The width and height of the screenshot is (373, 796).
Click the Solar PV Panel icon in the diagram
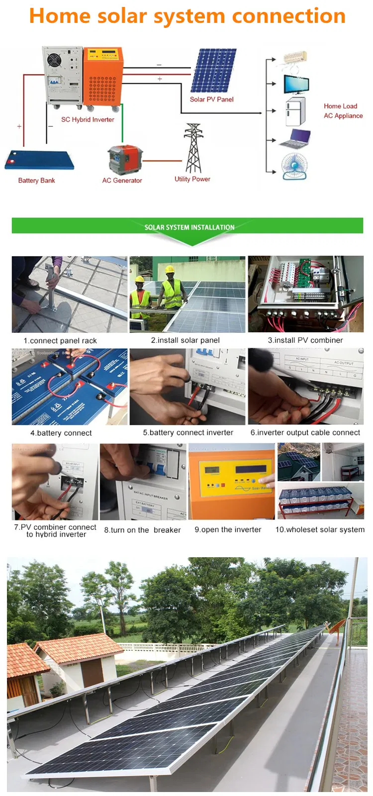(214, 71)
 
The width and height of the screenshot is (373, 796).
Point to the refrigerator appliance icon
(295, 112)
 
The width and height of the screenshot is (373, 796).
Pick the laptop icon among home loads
(295, 139)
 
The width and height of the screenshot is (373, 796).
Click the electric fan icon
(294, 167)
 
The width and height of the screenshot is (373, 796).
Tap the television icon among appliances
(296, 84)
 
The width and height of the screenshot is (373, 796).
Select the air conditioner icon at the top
(295, 58)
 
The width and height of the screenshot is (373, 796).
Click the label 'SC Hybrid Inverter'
(88, 119)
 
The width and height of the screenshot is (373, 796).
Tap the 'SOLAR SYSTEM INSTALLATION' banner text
(189, 227)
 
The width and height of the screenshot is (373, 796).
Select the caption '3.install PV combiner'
(305, 340)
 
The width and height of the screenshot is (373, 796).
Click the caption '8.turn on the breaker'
(142, 530)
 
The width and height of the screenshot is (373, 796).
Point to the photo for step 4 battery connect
(69, 387)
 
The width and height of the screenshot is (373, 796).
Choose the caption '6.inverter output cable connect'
(305, 433)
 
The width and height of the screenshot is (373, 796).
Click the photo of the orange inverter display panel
(231, 482)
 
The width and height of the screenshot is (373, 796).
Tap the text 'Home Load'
(340, 106)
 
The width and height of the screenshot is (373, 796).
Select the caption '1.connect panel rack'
(60, 341)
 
